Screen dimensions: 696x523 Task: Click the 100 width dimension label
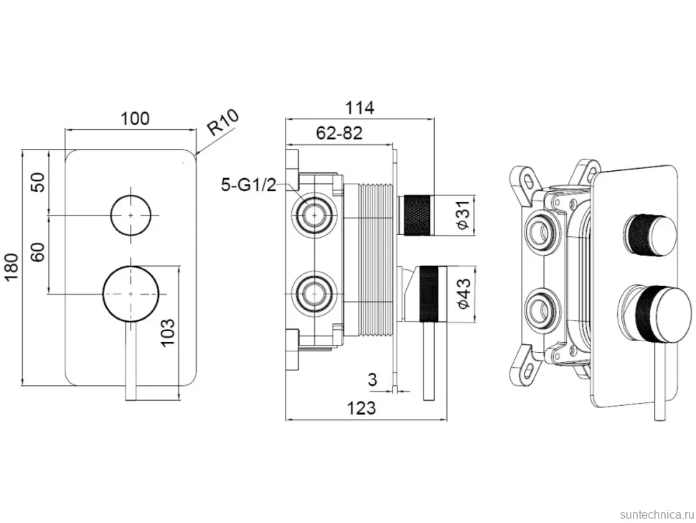136,119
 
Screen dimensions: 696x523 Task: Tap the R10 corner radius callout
223,122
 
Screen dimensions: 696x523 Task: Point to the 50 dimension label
39,182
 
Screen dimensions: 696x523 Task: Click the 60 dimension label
38,252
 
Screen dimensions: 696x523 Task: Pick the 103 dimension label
167,333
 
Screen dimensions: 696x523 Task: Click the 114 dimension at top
359,108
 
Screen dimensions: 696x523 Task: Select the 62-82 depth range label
339,133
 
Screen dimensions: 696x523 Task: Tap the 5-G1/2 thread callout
248,185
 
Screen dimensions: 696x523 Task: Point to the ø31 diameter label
463,215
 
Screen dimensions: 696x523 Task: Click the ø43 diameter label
463,294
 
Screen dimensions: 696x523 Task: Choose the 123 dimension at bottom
361,408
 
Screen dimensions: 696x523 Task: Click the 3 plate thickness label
372,380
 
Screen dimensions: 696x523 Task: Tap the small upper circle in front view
131,195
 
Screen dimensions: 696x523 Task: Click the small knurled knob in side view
415,215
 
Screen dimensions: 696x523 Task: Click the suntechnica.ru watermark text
656,514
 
